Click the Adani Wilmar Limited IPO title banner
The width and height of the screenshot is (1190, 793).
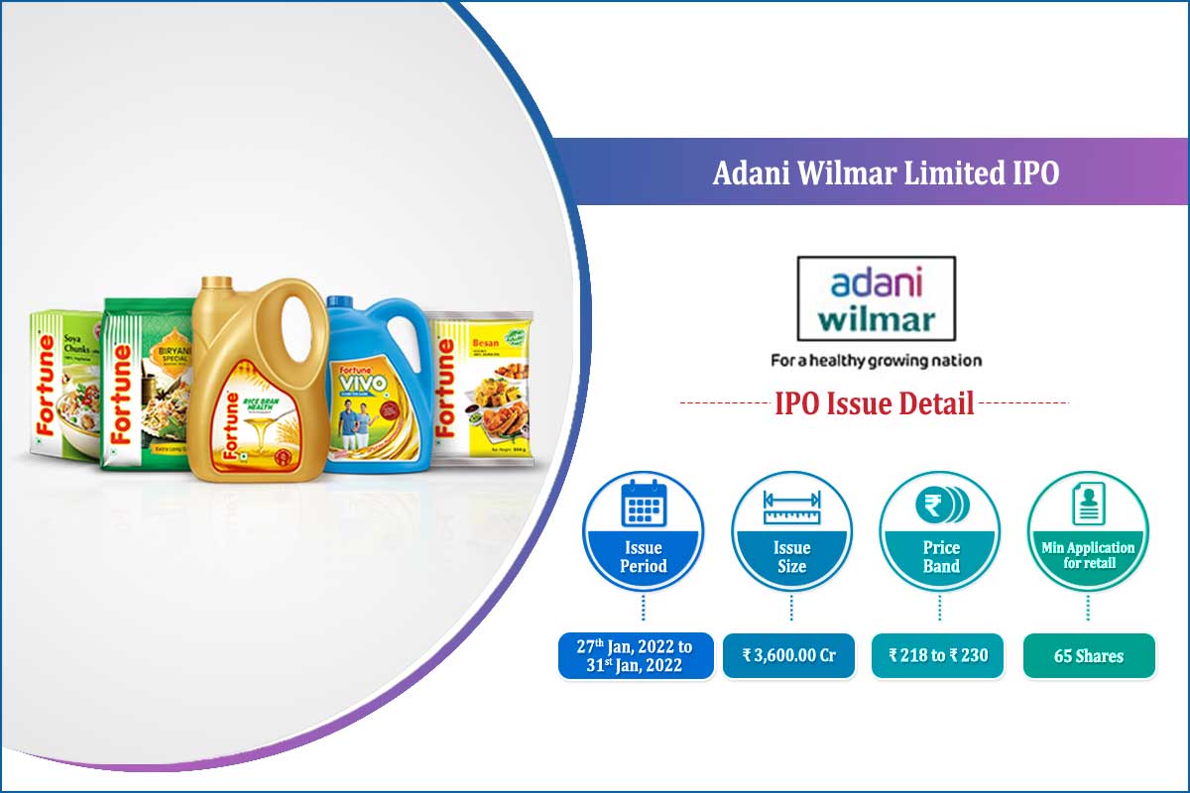pos(885,173)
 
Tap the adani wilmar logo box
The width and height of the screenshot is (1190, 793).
pos(876,298)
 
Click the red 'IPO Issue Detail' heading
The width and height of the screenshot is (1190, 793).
pos(874,403)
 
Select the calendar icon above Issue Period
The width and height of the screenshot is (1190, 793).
pos(643,506)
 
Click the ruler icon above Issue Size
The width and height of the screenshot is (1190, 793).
pos(791,507)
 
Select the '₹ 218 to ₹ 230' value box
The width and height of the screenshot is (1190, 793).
pos(938,655)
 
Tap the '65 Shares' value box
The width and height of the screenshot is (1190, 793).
pos(1089,656)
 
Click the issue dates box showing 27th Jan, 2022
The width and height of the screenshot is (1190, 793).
pos(636,655)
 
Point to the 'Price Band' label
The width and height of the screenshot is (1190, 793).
pos(941,557)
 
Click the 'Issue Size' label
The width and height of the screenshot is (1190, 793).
pos(791,557)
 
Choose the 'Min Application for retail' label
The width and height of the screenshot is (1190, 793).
pos(1088,555)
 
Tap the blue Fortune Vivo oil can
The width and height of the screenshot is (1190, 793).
pos(378,387)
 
